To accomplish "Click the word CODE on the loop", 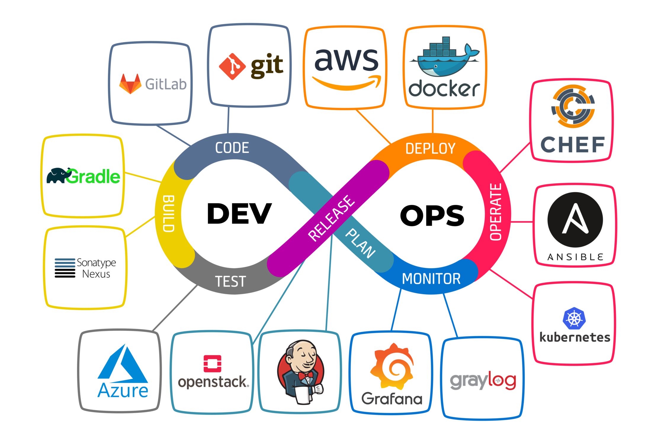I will pos(232,148).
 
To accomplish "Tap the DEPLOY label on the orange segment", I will pos(430,148).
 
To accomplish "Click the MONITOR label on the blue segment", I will pos(431,279).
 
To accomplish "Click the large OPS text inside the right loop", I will pos(432,216).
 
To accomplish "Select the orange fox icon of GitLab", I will pos(130,84).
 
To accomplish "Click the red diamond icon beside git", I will pos(232,66).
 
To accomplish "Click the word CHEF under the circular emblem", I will pos(572,145).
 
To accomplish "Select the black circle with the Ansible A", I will pos(575,220).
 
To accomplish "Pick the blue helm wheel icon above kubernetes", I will pos(574,319).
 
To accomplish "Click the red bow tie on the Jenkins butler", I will pos(306,376).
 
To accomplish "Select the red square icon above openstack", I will pos(212,363).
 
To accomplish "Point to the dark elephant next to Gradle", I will pos(58,175).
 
